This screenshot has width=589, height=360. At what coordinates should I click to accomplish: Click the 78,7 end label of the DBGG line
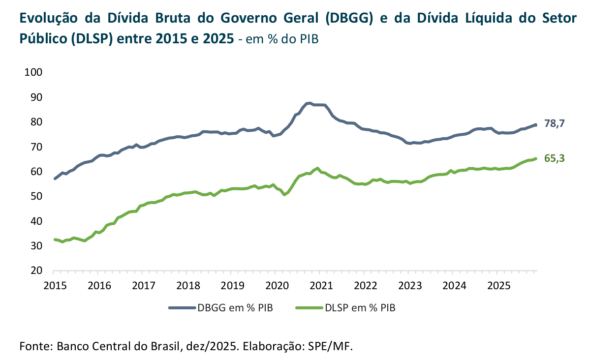[x=554, y=123]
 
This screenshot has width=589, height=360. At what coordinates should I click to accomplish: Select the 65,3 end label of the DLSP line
[x=554, y=158]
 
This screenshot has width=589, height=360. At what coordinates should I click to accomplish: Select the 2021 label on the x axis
[x=320, y=285]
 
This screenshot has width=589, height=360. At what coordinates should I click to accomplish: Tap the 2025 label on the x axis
[x=498, y=285]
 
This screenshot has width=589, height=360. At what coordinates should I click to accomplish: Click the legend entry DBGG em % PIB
[x=235, y=308]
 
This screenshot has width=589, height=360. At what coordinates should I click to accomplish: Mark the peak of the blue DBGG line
[x=309, y=103]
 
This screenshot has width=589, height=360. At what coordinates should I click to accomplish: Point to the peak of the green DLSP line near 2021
[x=317, y=168]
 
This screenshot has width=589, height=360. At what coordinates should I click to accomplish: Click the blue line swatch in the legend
[x=182, y=308]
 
